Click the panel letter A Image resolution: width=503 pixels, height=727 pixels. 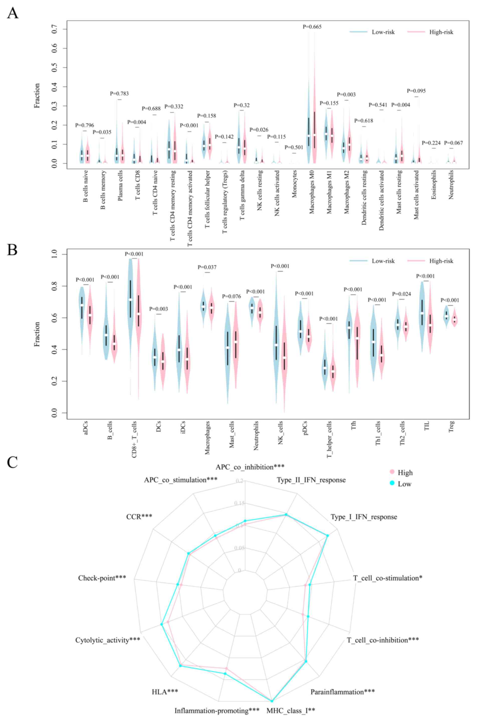(13, 13)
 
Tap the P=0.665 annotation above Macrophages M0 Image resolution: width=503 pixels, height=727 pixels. (312, 27)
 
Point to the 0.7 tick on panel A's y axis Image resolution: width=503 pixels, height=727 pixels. (55, 29)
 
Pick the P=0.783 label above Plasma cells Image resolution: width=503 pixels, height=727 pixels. (119, 94)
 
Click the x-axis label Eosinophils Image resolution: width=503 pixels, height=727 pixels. (434, 185)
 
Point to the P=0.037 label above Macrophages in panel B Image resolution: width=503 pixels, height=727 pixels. (207, 267)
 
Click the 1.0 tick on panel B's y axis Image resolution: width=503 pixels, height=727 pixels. (55, 254)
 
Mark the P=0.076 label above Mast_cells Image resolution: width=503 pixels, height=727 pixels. (231, 297)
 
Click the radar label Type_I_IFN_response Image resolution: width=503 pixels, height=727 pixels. (364, 517)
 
